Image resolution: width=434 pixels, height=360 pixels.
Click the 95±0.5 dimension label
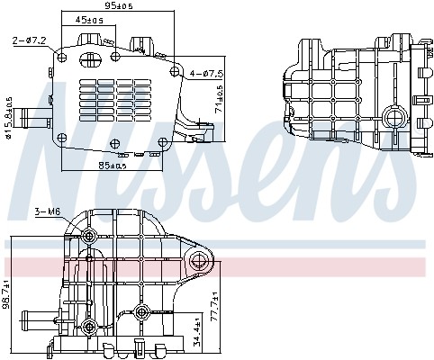(x=119, y=5)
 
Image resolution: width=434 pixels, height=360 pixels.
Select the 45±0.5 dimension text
(x=89, y=20)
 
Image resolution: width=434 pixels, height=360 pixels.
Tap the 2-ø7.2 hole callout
(x=30, y=40)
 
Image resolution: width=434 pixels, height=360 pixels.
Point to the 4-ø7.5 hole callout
(x=206, y=73)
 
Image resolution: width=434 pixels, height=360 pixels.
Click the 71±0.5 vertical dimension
(x=220, y=99)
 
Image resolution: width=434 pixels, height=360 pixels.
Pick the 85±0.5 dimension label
(x=113, y=166)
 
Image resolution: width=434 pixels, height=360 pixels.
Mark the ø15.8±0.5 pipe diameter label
(x=8, y=118)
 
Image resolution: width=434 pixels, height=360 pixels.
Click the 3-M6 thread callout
(x=48, y=211)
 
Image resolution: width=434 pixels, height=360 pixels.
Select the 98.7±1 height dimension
(x=5, y=294)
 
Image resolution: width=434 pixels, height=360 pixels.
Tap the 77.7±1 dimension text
(x=215, y=306)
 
